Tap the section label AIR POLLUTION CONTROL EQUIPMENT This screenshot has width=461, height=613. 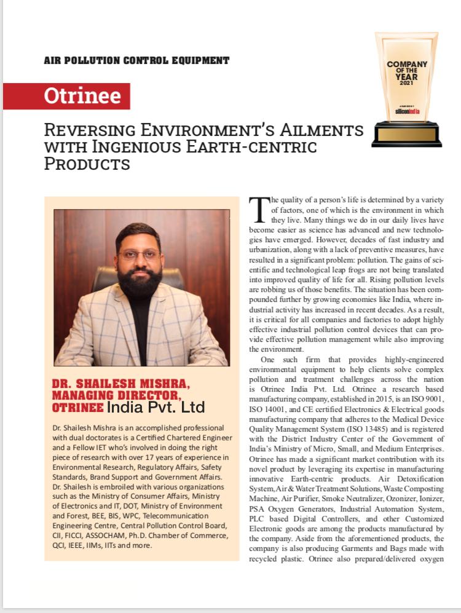coord(136,60)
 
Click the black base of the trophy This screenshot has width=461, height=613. coord(406,134)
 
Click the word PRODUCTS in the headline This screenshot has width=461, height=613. coord(87,164)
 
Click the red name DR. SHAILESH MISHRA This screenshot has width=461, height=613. coord(121,385)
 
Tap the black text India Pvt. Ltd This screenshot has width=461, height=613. coord(156,407)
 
